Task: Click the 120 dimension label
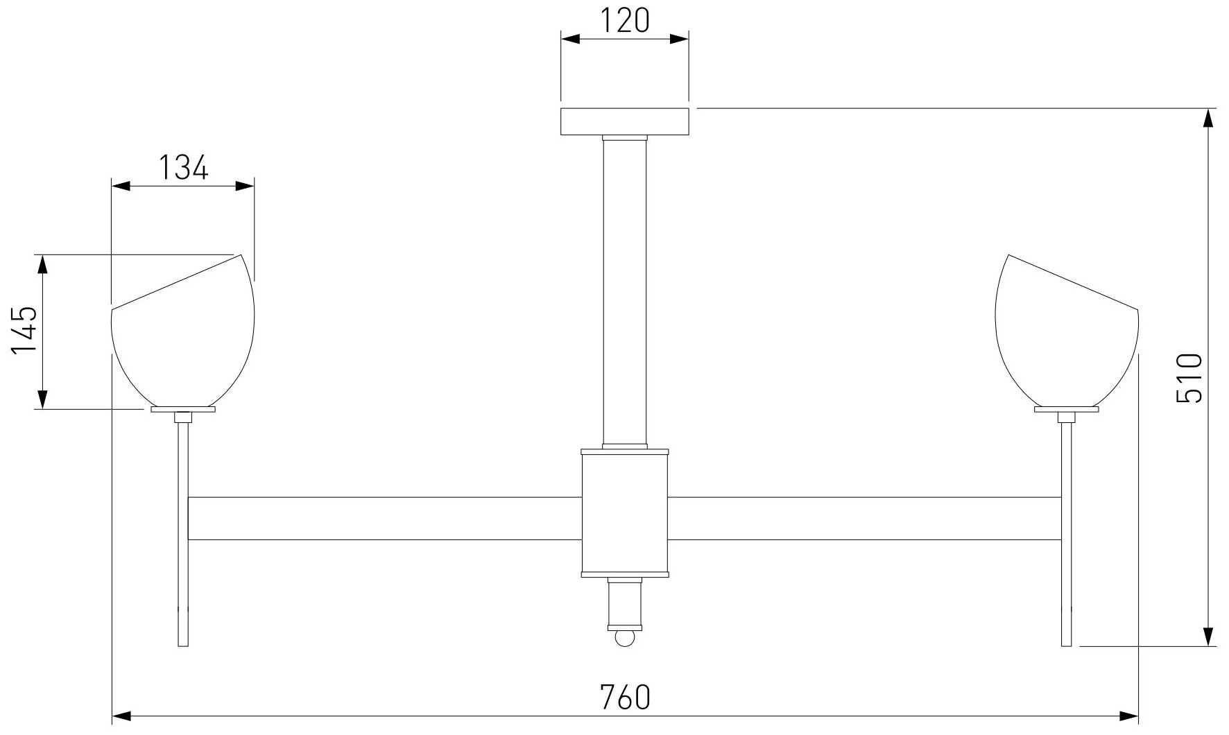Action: click(x=624, y=21)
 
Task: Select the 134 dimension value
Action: click(x=183, y=168)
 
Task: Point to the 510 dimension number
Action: click(x=1189, y=378)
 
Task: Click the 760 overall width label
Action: click(x=624, y=696)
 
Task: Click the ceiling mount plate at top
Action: click(x=624, y=121)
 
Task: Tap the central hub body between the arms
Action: click(x=624, y=513)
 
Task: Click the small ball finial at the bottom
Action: click(x=624, y=638)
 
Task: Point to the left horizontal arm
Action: click(x=385, y=518)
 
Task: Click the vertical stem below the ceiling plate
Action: click(x=624, y=291)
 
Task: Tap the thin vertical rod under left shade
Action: click(x=183, y=534)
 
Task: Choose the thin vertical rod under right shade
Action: click(x=1066, y=534)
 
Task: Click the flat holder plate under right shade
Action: click(x=1066, y=409)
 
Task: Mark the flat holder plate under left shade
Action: click(x=183, y=409)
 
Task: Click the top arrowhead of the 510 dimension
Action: click(x=1208, y=119)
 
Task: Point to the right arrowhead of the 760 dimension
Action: click(x=1128, y=715)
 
